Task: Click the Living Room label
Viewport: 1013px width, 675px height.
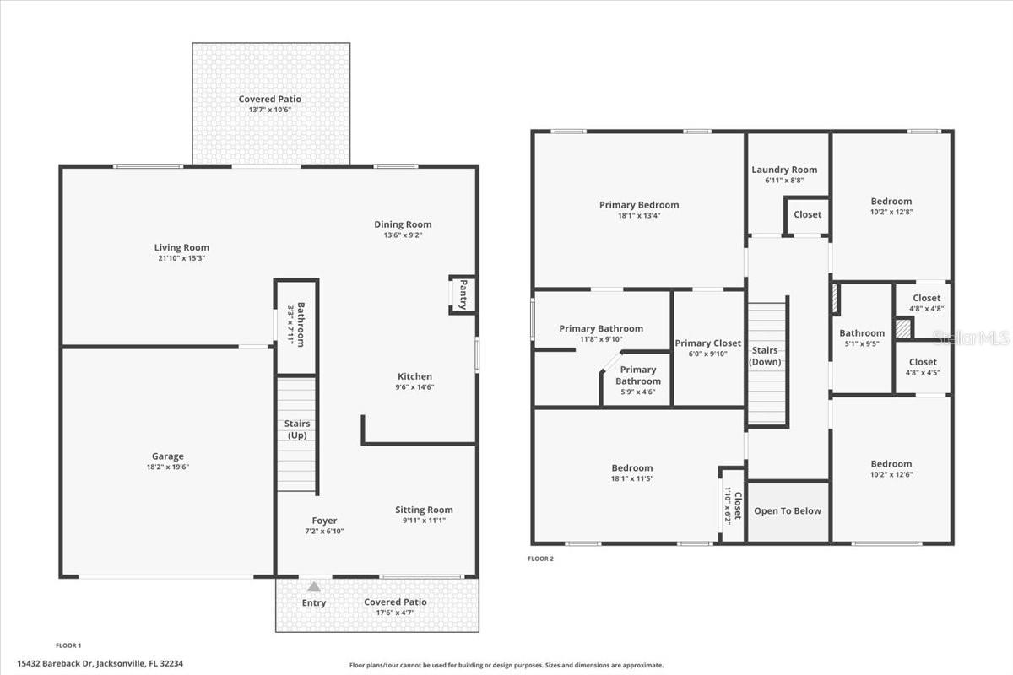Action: tap(181, 247)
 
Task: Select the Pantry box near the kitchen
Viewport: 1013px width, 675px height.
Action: tap(463, 294)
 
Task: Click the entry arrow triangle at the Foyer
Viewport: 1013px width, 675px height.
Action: tap(314, 586)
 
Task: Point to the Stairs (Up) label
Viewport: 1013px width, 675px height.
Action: tap(297, 429)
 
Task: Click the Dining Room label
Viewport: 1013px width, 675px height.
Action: tap(403, 224)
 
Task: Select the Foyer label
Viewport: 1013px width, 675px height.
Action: tap(324, 521)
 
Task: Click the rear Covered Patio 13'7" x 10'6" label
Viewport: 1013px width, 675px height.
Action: tap(269, 100)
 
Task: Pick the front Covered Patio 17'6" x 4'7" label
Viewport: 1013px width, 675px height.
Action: tap(395, 602)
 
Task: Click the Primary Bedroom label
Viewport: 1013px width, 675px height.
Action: tap(639, 205)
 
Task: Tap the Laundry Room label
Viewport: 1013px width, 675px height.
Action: tap(784, 170)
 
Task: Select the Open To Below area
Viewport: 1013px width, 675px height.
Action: tap(788, 511)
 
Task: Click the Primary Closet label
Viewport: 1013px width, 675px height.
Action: tap(707, 343)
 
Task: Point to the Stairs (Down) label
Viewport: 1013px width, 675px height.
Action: tap(765, 356)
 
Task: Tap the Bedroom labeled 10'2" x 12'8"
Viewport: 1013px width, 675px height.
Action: tap(891, 201)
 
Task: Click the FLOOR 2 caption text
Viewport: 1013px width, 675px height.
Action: tap(540, 559)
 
